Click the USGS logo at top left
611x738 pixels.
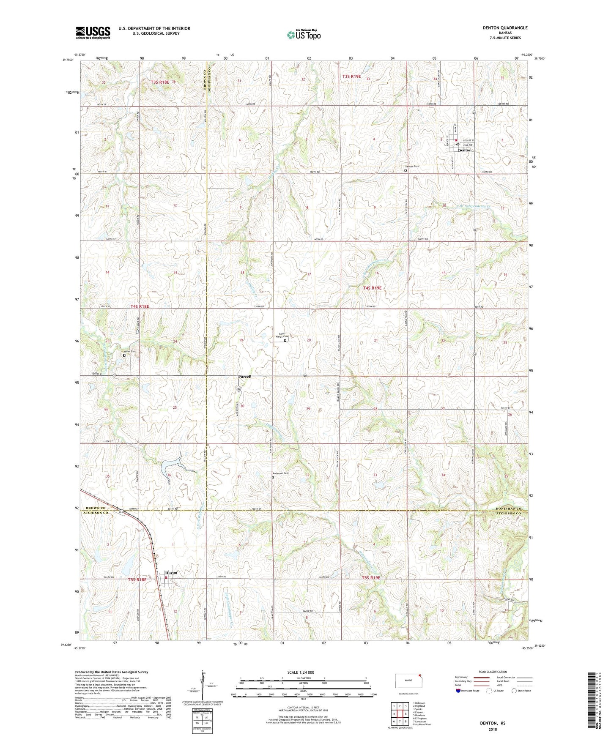93,33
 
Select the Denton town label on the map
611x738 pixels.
465,150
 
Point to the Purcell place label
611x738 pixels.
244,376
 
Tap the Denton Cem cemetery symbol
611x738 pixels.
406,171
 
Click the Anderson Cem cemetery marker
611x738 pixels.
273,478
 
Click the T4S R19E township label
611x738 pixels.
372,288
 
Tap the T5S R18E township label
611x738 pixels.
137,579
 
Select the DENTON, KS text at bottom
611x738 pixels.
492,723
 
